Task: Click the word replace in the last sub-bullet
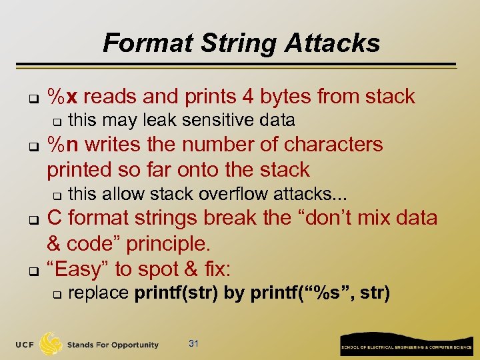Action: point(99,293)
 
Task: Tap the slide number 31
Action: point(194,344)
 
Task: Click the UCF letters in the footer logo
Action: point(25,345)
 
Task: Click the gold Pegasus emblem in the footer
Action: point(51,343)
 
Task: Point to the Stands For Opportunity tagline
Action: point(113,345)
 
